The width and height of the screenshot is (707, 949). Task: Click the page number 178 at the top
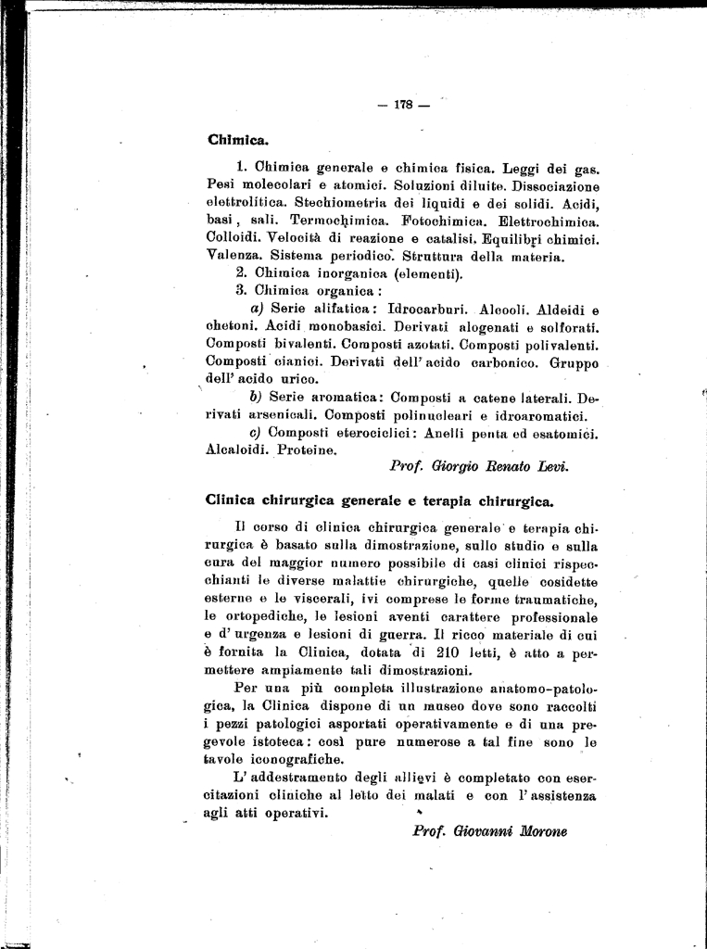point(402,105)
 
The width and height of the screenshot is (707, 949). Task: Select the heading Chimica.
point(238,141)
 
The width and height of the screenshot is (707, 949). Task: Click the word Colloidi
point(235,239)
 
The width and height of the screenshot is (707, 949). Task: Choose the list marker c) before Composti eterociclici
point(257,433)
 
